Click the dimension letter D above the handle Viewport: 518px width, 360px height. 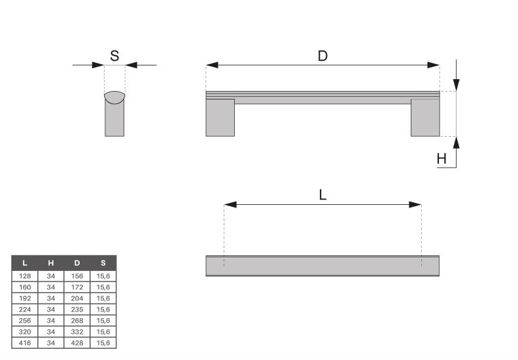tap(322, 56)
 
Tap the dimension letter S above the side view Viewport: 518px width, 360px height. tap(114, 56)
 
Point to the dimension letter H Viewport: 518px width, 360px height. tap(441, 159)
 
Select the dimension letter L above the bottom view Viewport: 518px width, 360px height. tap(322, 194)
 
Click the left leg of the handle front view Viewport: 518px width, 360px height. tap(220, 118)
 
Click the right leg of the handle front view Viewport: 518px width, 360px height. tap(425, 118)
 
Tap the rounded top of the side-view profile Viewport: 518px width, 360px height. tap(114, 97)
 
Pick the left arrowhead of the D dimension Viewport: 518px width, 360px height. tap(212, 65)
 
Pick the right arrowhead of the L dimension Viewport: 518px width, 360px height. tap(415, 205)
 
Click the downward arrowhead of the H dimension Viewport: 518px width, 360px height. tap(457, 84)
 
